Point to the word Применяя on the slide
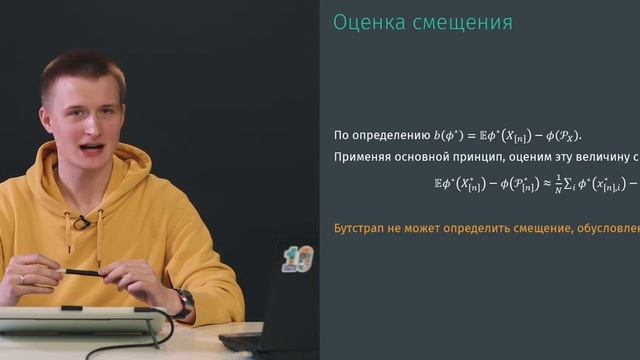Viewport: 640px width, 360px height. tap(365, 157)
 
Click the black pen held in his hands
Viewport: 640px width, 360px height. tap(81, 271)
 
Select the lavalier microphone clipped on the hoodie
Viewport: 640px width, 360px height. tap(81, 221)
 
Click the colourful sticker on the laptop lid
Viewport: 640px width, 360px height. tap(298, 257)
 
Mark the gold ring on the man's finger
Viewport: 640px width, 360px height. tap(22, 279)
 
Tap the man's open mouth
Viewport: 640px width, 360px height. tap(91, 149)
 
